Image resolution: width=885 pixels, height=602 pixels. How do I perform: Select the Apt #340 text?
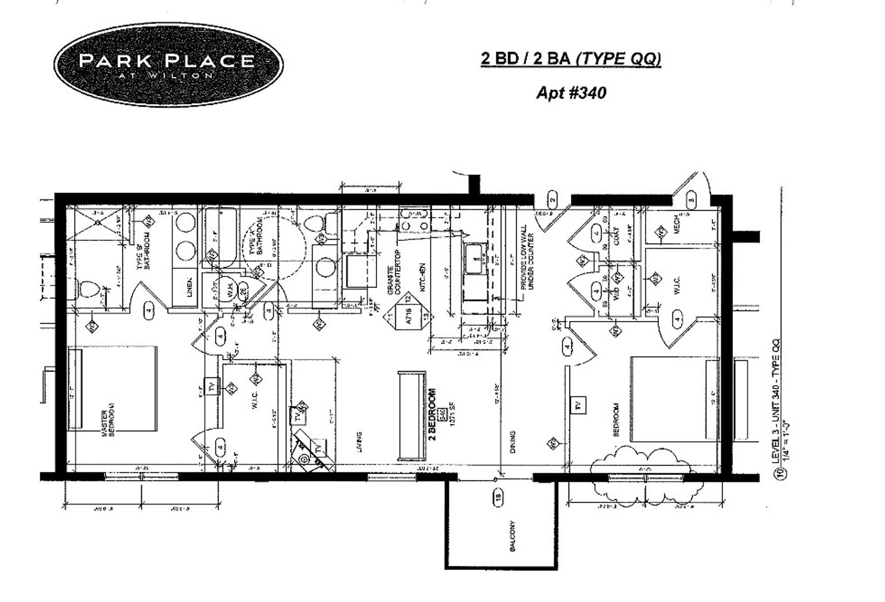tap(570, 93)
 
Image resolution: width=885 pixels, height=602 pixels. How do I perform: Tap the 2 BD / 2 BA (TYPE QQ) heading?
tap(570, 59)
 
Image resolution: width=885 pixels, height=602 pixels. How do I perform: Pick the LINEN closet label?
tap(189, 287)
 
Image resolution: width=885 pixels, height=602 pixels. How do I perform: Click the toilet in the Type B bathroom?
tap(88, 290)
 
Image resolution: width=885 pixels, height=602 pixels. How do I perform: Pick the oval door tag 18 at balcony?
tap(498, 497)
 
